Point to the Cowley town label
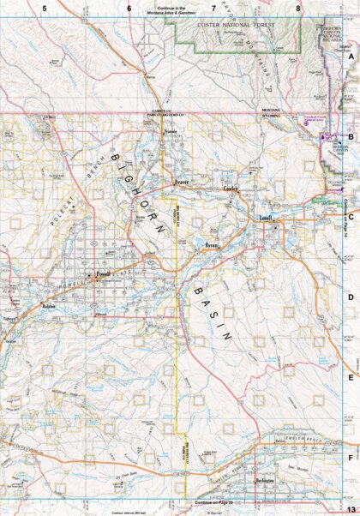231,189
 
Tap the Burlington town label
266,482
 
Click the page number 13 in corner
350,509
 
